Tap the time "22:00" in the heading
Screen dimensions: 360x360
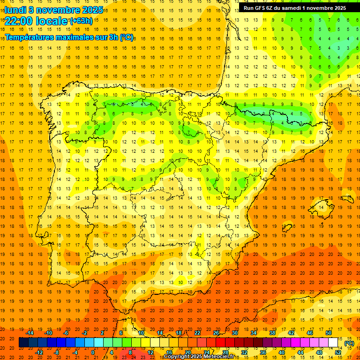pyautogui.click(x=17, y=21)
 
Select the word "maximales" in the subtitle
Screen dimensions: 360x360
pyautogui.click(x=71, y=37)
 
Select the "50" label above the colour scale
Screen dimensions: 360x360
pyautogui.click(x=329, y=333)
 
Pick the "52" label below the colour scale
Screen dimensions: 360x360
pyautogui.click(x=338, y=352)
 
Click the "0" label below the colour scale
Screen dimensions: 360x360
pyautogui.click(x=93, y=352)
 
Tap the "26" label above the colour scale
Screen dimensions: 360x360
pyautogui.click(x=216, y=333)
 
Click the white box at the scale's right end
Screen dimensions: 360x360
pyautogui.click(x=333, y=343)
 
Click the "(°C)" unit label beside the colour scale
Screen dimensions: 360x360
pyautogui.click(x=349, y=343)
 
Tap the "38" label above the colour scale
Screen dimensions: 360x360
pyautogui.click(x=272, y=333)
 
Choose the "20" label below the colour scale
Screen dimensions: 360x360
pyautogui.click(x=188, y=352)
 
